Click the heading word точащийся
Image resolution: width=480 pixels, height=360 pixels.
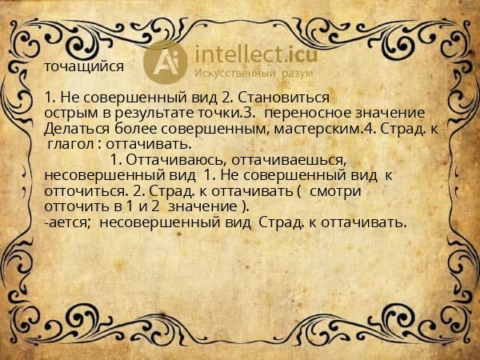click(x=85, y=68)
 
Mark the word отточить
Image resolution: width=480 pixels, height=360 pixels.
click(x=74, y=206)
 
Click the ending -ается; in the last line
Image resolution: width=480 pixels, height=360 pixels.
click(x=70, y=222)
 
